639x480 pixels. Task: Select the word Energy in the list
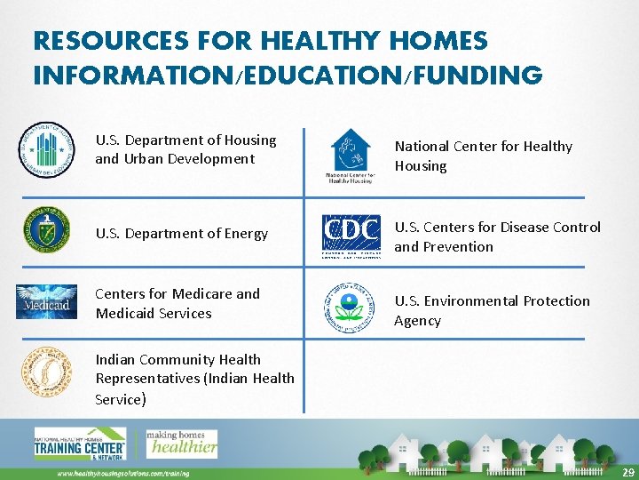247,234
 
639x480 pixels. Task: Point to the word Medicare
203,294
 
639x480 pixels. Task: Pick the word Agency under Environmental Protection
417,321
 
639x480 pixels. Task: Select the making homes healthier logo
181,443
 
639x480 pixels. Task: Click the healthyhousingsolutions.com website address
123,473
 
